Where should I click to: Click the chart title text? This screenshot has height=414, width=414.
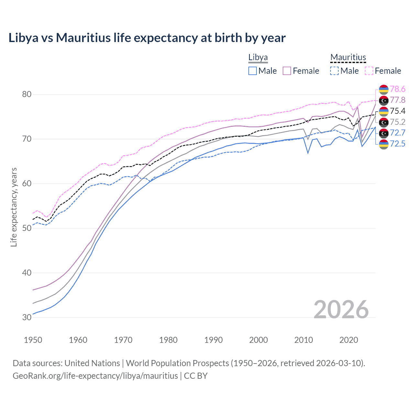[x=147, y=38]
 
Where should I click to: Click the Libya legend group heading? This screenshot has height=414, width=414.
[x=258, y=57]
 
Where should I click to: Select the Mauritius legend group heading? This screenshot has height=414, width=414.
[x=348, y=57]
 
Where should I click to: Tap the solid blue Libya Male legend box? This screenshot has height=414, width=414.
[x=253, y=71]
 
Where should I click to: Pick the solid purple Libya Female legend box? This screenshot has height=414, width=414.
[x=287, y=71]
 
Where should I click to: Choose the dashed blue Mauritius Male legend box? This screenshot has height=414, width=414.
[x=334, y=71]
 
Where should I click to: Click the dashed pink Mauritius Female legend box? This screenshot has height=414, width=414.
[x=369, y=71]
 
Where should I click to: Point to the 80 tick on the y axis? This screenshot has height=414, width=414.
[x=27, y=94]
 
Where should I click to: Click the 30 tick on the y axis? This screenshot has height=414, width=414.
[x=27, y=317]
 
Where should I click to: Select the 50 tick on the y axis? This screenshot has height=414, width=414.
[x=27, y=228]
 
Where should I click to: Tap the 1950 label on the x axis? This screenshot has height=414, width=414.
[x=33, y=340]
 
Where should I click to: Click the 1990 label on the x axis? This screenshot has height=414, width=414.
[x=213, y=340]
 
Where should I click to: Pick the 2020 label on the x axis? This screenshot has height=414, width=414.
[x=349, y=340]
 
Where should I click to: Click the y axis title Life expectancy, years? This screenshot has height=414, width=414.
[x=14, y=207]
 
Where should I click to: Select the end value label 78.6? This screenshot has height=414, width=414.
[x=398, y=89]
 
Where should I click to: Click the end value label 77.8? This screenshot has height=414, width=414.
[x=398, y=100]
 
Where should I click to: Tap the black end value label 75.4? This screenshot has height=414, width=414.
[x=398, y=111]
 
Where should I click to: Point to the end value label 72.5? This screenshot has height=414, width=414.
[x=398, y=144]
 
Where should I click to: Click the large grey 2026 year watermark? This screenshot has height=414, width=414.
[x=341, y=310]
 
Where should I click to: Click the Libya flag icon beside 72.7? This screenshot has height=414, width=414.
[x=384, y=133]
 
